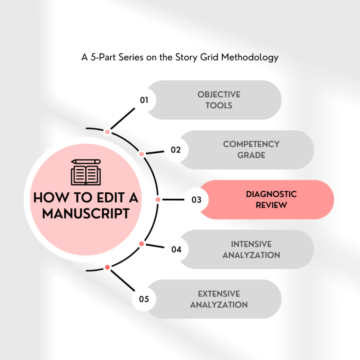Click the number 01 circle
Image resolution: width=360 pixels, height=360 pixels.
pyautogui.click(x=144, y=100)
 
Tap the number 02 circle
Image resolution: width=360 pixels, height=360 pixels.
pyautogui.click(x=176, y=150)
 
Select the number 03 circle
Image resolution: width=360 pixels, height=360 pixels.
pyautogui.click(x=196, y=200)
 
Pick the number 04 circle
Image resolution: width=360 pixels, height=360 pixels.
pyautogui.click(x=176, y=249)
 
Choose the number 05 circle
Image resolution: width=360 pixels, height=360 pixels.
pyautogui.click(x=144, y=299)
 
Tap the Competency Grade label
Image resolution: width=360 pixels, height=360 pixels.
pyautogui.click(x=251, y=150)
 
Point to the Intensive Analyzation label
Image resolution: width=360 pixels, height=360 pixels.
pyautogui.click(x=251, y=249)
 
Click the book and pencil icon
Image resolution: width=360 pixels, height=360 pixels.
pyautogui.click(x=86, y=172)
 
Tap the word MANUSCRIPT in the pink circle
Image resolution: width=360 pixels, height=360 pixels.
pyautogui.click(x=86, y=214)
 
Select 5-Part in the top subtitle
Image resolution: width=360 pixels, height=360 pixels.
pyautogui.click(x=102, y=58)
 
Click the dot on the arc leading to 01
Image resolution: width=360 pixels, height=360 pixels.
pyautogui.click(x=107, y=132)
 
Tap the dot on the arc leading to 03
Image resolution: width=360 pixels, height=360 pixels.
pyautogui.click(x=158, y=200)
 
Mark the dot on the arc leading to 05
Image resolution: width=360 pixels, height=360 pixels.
pyautogui.click(x=107, y=267)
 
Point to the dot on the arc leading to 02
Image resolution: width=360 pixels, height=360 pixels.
pyautogui.click(x=141, y=154)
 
